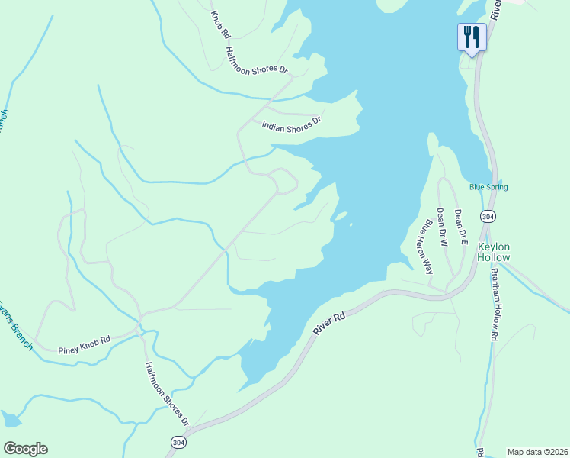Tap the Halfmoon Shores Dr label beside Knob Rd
257,61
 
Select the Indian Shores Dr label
292,124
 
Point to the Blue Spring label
488,187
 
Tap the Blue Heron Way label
427,247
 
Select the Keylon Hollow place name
493,252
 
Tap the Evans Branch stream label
15,324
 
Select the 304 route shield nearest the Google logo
178,442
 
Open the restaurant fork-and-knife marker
472,36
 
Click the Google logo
25,449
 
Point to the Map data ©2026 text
536,451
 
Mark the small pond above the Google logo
11,419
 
